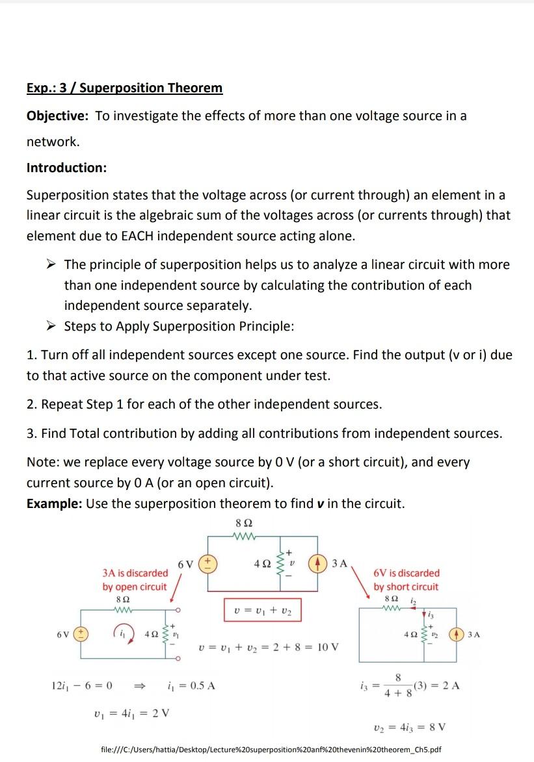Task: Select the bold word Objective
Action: pos(57,116)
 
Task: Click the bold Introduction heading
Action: pos(66,168)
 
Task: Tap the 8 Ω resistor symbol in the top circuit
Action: pos(244,537)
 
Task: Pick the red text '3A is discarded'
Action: pos(135,573)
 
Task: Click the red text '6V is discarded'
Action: pos(407,573)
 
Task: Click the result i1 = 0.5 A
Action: pos(192,685)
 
